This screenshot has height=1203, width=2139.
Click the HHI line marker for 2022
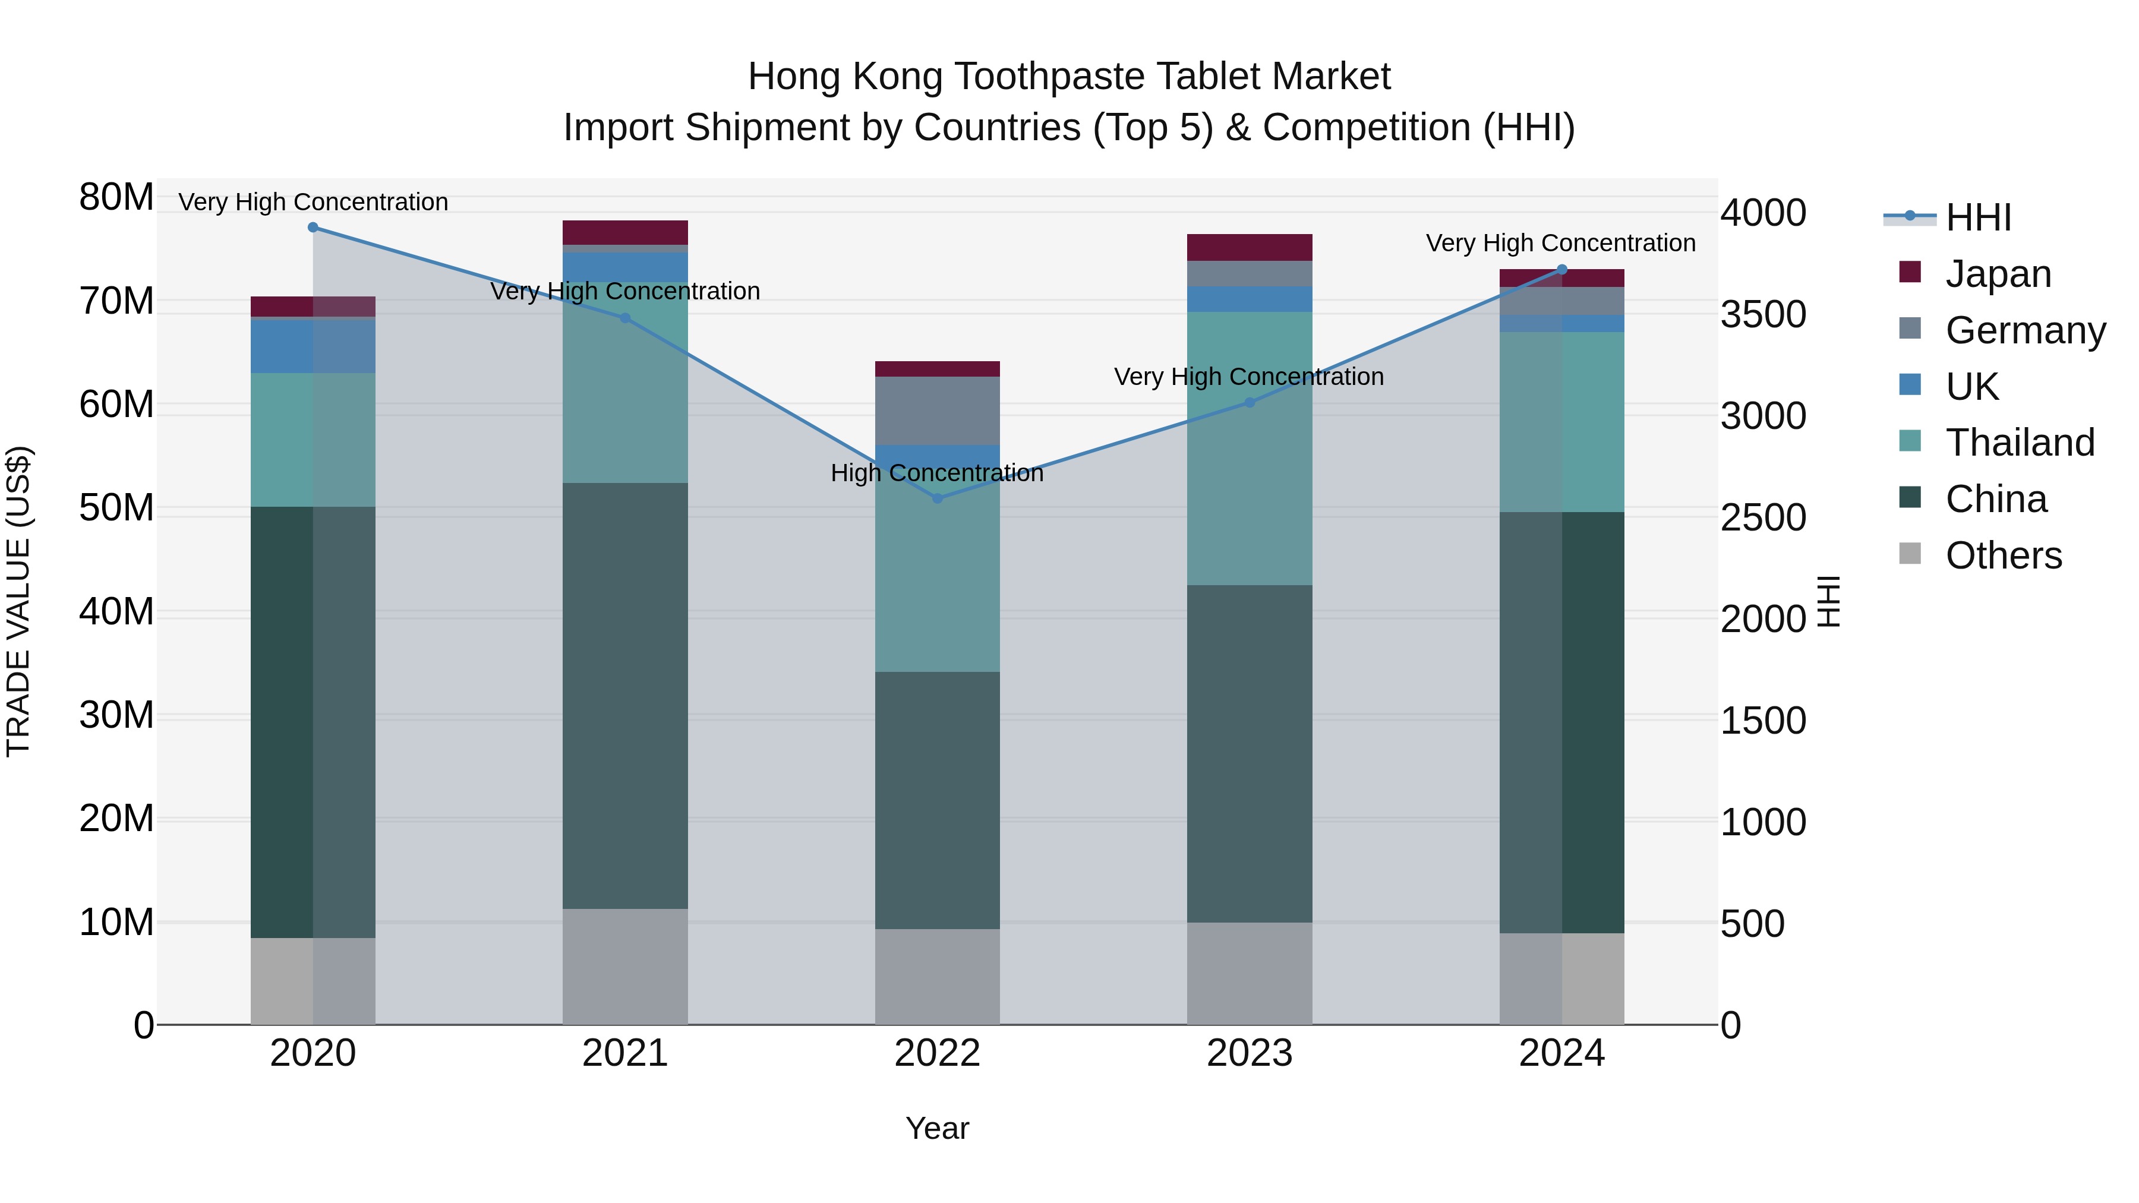(938, 498)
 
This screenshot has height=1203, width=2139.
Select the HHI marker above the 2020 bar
(313, 228)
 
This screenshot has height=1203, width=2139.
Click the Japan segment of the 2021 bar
(625, 232)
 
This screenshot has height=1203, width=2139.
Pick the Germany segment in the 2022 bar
(938, 411)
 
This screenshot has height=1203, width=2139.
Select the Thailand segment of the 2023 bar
(1249, 449)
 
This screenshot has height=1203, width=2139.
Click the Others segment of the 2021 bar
(625, 967)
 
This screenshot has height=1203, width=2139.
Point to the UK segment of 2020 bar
(313, 345)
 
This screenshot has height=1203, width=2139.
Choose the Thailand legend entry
(2020, 443)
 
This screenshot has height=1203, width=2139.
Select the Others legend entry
(2003, 555)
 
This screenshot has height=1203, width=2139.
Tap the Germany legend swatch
(1910, 329)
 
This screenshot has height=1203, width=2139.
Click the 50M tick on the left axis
(116, 508)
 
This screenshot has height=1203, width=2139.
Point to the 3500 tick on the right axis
(1763, 315)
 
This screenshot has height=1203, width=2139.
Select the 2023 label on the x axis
(1249, 1053)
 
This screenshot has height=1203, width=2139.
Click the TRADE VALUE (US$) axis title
(18, 601)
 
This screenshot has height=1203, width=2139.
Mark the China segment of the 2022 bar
(938, 800)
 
